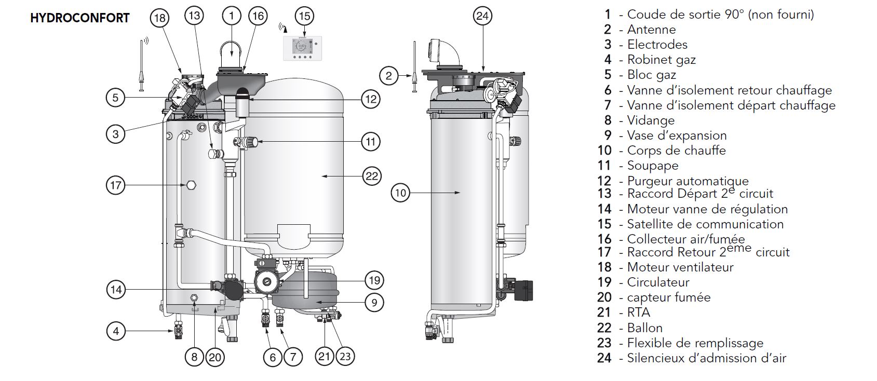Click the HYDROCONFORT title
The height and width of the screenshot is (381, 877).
pyautogui.click(x=80, y=18)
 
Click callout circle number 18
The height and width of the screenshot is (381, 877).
pyautogui.click(x=160, y=18)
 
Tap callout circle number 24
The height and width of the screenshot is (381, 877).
pyautogui.click(x=482, y=16)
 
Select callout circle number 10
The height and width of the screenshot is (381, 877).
pyautogui.click(x=400, y=193)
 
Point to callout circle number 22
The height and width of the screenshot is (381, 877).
pyautogui.click(x=372, y=176)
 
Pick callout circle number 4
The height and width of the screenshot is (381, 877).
pyautogui.click(x=116, y=331)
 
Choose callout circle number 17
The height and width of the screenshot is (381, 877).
pyautogui.click(x=116, y=185)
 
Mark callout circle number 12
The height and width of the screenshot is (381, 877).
pyautogui.click(x=371, y=99)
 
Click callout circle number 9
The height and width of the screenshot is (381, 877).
pyautogui.click(x=374, y=303)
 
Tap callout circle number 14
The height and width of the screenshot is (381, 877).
pyautogui.click(x=116, y=290)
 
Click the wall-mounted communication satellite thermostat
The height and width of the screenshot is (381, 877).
pyautogui.click(x=303, y=49)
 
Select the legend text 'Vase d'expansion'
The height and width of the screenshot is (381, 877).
pyautogui.click(x=677, y=135)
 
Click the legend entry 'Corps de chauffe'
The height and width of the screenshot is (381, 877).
pyautogui.click(x=676, y=151)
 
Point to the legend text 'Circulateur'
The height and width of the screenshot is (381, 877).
pyautogui.click(x=658, y=282)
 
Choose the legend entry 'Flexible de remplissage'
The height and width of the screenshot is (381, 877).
pyautogui.click(x=695, y=343)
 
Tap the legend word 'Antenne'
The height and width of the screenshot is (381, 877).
pyautogui.click(x=652, y=30)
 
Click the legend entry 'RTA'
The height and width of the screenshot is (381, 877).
pyautogui.click(x=639, y=312)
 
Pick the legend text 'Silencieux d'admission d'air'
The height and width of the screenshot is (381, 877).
pyautogui.click(x=707, y=358)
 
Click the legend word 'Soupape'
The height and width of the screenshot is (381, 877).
pyautogui.click(x=653, y=166)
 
